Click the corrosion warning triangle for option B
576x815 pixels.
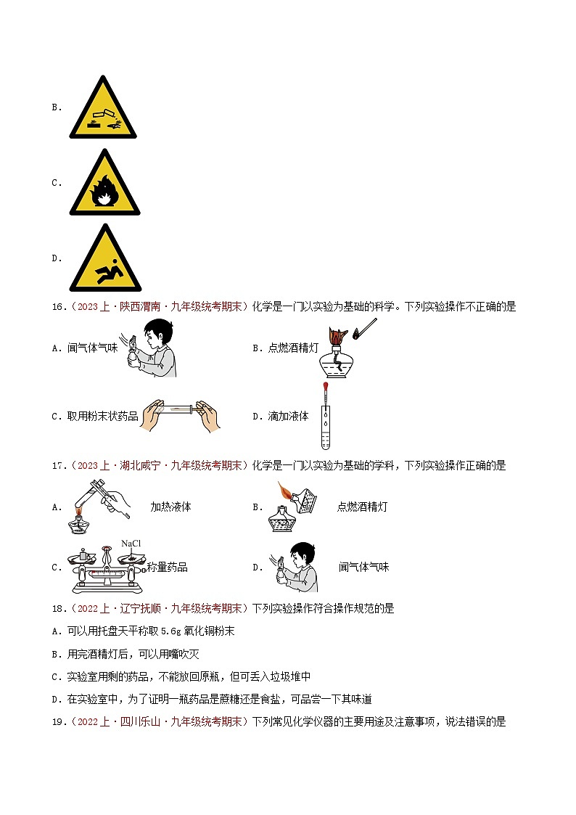click(x=102, y=107)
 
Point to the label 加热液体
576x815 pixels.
click(x=170, y=507)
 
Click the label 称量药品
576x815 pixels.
click(x=167, y=568)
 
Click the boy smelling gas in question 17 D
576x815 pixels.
click(x=294, y=567)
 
